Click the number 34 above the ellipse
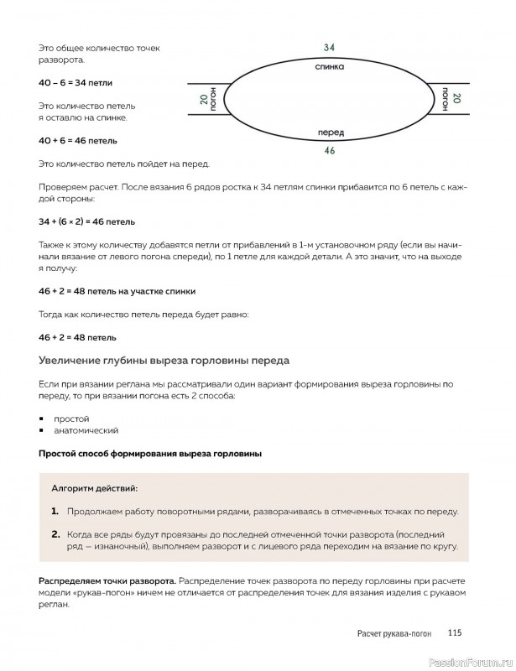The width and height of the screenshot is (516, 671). click(329, 48)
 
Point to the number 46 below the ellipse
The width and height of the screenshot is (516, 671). click(330, 151)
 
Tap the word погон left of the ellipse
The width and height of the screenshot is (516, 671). click(214, 99)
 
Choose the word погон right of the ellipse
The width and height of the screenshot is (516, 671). click(445, 99)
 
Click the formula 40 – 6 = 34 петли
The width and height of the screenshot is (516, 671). click(75, 83)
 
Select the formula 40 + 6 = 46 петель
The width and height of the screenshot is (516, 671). click(77, 140)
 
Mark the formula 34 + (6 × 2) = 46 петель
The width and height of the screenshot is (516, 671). click(86, 222)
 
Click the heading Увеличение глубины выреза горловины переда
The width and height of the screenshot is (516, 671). click(164, 361)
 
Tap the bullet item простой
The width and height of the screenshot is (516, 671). click(71, 418)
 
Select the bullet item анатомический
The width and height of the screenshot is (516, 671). click(86, 430)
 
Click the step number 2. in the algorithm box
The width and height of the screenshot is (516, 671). click(55, 533)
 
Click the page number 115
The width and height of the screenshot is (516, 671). click(455, 633)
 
